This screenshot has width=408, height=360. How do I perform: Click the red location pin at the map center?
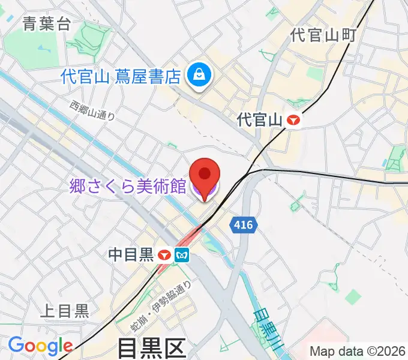pos(205,175)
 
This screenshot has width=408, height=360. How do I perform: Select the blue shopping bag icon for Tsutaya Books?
pos(196,75)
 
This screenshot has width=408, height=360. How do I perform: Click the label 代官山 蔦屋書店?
pos(121,76)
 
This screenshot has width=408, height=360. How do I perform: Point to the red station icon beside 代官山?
pos(293,120)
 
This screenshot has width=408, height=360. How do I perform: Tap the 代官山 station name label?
pos(260,120)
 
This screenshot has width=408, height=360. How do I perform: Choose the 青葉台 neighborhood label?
pos(46,24)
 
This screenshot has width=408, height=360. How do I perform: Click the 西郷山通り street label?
pos(92,111)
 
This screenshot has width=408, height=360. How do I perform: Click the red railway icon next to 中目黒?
pos(165,256)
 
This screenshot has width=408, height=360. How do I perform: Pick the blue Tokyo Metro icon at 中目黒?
pos(182,256)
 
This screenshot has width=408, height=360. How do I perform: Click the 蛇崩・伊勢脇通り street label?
pos(161,307)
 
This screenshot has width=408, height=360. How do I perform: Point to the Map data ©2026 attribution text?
pos(358,352)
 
